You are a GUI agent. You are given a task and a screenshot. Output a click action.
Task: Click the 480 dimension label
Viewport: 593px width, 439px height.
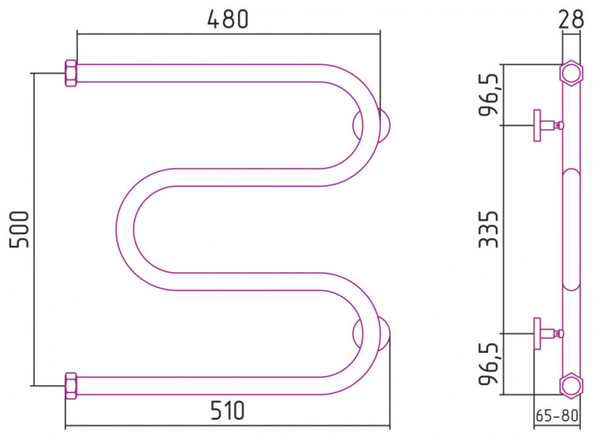(228, 19)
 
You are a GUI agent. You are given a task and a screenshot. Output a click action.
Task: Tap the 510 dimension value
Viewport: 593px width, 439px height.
(228, 411)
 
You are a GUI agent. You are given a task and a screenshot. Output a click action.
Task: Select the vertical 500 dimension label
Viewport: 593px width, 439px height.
(19, 229)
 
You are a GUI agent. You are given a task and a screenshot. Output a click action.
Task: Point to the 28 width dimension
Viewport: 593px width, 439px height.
(571, 19)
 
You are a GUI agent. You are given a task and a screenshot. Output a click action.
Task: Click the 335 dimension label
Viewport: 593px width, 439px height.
(489, 229)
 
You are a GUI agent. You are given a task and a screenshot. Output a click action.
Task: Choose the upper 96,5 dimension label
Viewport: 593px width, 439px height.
(489, 95)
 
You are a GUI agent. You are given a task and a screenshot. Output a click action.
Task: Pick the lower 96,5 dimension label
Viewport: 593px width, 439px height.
(489, 364)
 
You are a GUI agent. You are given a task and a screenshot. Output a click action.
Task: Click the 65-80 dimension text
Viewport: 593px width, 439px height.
(557, 415)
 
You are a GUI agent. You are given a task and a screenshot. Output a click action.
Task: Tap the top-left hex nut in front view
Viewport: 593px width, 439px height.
(71, 74)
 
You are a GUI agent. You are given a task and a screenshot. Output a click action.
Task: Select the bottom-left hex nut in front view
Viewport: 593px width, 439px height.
(71, 386)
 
